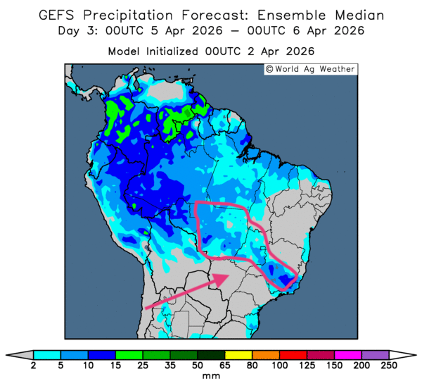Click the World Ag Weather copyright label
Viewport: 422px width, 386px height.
[x=309, y=69]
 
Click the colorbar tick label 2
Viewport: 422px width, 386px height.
[x=34, y=366]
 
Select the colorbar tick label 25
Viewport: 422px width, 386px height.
[x=143, y=366]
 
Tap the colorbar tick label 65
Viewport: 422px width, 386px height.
[x=224, y=366]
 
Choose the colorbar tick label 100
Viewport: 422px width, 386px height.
[x=279, y=366]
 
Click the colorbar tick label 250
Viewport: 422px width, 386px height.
[x=388, y=366]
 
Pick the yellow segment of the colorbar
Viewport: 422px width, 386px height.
[x=238, y=354]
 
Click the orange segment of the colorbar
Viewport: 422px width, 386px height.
[x=265, y=354]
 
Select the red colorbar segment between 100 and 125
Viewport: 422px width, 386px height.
[x=293, y=354]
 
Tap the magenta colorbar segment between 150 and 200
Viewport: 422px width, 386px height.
[x=347, y=354]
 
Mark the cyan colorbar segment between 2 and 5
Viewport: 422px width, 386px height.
[x=47, y=354]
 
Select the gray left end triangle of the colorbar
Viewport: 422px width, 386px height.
[x=23, y=354]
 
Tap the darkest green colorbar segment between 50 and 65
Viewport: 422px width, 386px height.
[x=211, y=354]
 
